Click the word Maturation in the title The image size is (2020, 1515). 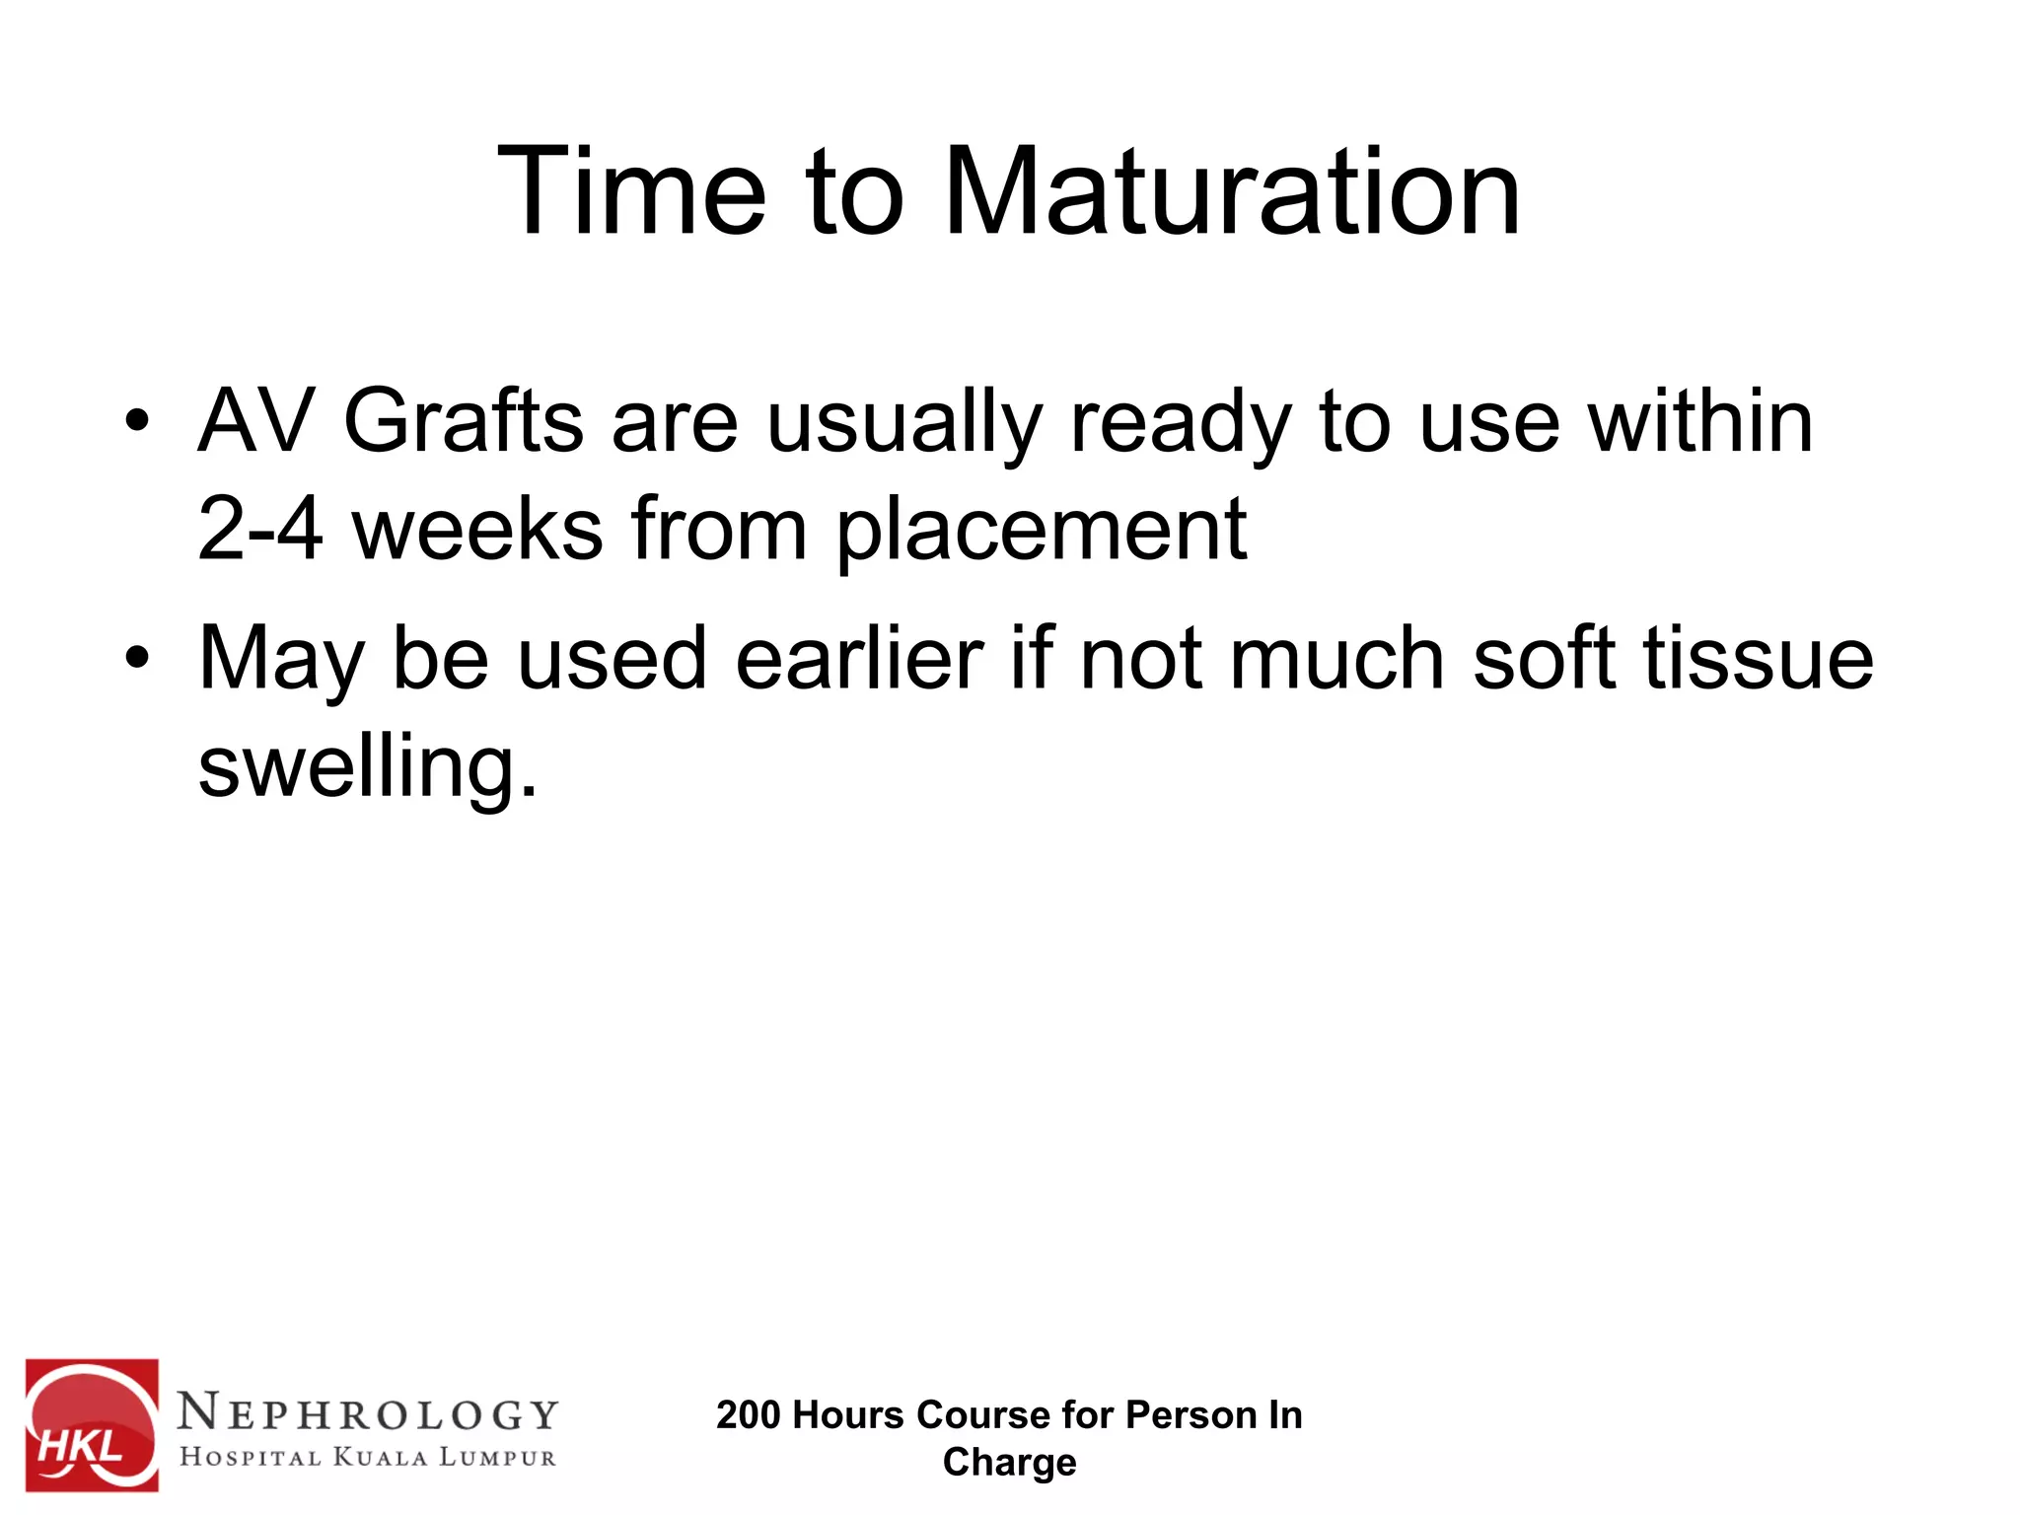[1232, 191]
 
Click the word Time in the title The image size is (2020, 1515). [631, 191]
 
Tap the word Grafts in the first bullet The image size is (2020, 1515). [463, 422]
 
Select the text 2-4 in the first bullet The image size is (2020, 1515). [259, 530]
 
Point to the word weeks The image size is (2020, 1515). [478, 530]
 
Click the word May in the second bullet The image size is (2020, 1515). [282, 659]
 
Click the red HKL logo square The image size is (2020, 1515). [92, 1424]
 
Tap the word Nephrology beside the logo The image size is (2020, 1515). [368, 1413]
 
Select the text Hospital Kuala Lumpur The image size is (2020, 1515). [368, 1457]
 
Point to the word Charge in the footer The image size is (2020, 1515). [1009, 1463]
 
